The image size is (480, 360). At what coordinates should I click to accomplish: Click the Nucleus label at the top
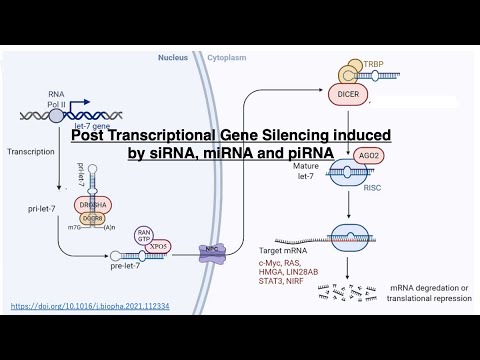click(x=173, y=58)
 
